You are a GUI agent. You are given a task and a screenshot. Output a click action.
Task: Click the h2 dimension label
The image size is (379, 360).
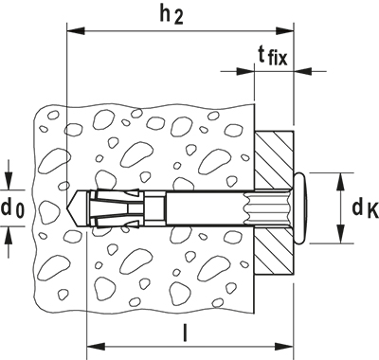click(x=171, y=14)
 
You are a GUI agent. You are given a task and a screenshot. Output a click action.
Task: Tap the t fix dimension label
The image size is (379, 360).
click(x=273, y=56)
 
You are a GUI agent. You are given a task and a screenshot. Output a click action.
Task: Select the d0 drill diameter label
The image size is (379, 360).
click(x=12, y=208)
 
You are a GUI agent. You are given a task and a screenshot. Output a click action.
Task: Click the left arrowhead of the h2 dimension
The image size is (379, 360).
click(x=76, y=31)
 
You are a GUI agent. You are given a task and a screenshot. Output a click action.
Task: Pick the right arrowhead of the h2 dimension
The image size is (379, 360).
click(x=284, y=31)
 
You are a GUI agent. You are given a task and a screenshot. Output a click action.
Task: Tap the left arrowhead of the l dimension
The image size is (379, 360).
click(x=96, y=347)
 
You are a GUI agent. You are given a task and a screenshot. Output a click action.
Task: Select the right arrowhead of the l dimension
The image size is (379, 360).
click(x=284, y=347)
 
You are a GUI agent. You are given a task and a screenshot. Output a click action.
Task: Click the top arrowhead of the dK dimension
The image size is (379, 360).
click(x=340, y=182)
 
